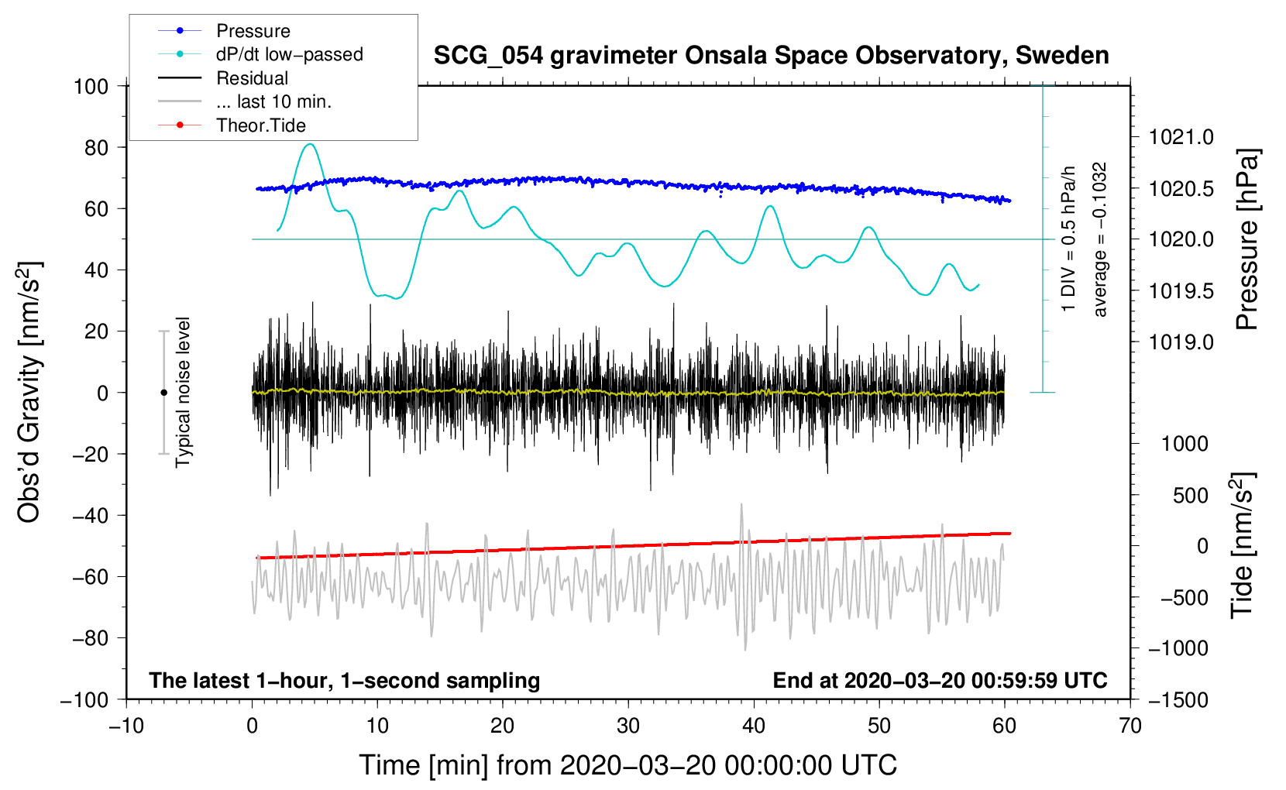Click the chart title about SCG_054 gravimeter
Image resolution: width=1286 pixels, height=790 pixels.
click(x=771, y=56)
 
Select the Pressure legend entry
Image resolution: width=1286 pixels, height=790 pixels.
click(x=253, y=31)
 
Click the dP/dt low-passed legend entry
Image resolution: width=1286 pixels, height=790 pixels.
click(x=289, y=54)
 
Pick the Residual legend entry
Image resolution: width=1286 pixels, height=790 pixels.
click(x=252, y=78)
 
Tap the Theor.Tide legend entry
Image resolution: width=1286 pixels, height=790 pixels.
click(x=261, y=125)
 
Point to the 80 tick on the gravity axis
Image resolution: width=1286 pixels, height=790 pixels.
click(x=96, y=147)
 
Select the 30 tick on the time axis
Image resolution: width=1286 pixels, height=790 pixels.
click(x=628, y=726)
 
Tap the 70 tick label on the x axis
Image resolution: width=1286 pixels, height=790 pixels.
click(x=1130, y=726)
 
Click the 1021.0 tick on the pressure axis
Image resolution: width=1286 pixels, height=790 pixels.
click(x=1181, y=137)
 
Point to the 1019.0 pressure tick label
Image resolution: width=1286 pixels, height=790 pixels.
click(x=1181, y=342)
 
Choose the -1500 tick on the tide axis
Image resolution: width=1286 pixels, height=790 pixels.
click(x=1178, y=699)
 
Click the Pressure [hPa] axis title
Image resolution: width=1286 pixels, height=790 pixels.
click(x=1246, y=240)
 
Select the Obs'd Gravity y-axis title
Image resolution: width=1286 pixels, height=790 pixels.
click(x=29, y=393)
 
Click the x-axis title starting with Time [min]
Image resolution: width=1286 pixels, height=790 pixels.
click(x=628, y=765)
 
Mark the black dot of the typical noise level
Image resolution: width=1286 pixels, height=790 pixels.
click(x=163, y=393)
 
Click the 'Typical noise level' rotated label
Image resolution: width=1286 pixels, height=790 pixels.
click(x=183, y=393)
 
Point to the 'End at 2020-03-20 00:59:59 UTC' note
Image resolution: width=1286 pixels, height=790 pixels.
click(x=940, y=680)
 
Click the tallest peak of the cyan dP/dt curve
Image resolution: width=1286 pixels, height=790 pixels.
click(x=311, y=144)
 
